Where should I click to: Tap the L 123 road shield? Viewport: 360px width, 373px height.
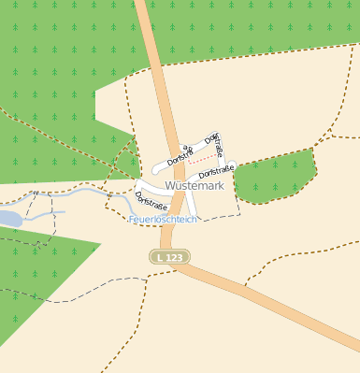[x=170, y=256]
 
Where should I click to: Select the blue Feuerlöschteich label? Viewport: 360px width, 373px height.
[x=162, y=219]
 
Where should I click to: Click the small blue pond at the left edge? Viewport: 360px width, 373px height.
[x=7, y=219]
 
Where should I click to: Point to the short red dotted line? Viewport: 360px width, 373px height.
[x=199, y=161]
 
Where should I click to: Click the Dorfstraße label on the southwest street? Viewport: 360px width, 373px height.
[x=151, y=202]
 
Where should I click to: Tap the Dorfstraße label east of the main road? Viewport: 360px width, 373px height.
[x=215, y=172]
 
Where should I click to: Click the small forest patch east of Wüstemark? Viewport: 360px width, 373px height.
[x=272, y=177]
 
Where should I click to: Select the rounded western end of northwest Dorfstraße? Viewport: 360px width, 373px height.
[x=157, y=170]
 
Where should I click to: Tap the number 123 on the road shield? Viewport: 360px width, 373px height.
[x=175, y=256]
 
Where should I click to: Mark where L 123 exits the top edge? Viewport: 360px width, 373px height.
[x=144, y=3]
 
